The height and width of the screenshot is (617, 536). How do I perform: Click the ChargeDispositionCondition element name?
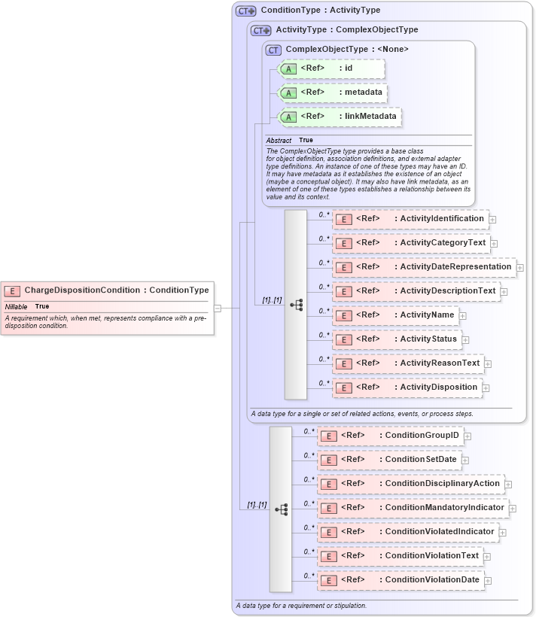point(82,290)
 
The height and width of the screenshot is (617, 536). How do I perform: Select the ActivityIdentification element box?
point(410,219)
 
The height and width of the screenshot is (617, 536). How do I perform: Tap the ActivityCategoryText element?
point(411,243)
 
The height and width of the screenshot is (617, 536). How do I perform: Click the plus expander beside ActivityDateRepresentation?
point(520,268)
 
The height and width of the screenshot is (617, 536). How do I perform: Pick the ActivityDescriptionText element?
point(416,291)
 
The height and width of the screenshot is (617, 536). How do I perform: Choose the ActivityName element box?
point(395,315)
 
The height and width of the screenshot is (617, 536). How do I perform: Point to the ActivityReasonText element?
point(408,363)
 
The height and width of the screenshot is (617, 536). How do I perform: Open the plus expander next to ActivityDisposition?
point(486,388)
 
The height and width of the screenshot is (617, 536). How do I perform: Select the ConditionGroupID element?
point(390,436)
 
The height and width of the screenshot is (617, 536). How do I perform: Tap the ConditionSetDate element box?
point(388,460)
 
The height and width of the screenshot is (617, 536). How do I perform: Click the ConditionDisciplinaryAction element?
point(410,484)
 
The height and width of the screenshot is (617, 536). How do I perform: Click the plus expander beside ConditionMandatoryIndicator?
point(513,509)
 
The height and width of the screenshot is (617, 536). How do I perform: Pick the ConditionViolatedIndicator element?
point(407,532)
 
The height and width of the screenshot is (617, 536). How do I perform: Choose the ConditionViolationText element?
point(400,556)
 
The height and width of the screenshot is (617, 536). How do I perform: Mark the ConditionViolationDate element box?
point(400,580)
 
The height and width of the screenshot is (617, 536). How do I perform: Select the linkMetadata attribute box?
point(340,117)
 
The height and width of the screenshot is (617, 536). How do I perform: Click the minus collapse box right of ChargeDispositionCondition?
point(217,308)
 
